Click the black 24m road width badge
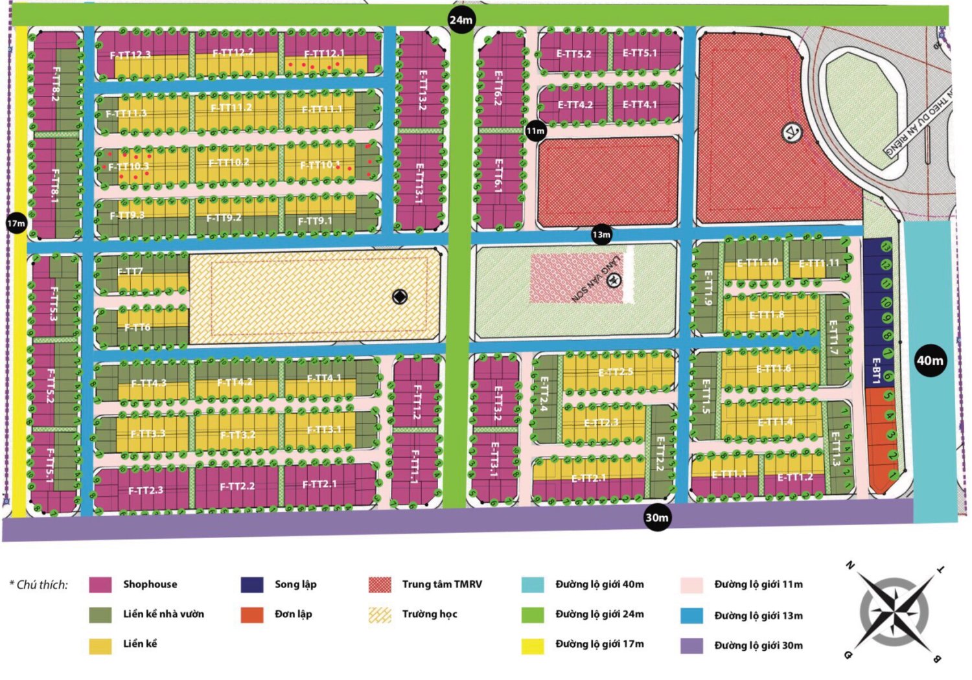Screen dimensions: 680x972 pos(461,20)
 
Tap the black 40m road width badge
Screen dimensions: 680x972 pos(930,361)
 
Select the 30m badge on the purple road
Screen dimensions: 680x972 pos(656,517)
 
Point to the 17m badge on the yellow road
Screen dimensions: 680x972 pos(16,223)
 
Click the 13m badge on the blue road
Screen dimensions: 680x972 pos(601,234)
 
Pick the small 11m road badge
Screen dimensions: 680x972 pos(535,131)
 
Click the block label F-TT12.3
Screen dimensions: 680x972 pos(130,55)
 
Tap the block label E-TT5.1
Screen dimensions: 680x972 pos(640,53)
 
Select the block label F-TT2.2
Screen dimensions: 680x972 pos(237,486)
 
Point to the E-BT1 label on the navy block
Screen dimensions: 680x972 pos(875,370)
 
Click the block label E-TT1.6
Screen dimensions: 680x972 pos(774,368)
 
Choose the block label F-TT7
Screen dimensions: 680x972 pos(130,271)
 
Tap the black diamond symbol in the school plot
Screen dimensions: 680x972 pos(400,297)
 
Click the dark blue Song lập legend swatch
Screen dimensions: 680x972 pos(251,585)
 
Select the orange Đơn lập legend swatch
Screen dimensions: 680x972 pos(251,615)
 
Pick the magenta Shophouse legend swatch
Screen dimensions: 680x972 pos(100,585)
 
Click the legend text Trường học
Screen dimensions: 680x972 pos(429,614)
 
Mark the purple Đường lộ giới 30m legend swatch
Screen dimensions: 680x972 pos(691,646)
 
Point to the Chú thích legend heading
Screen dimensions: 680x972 pos(39,585)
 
